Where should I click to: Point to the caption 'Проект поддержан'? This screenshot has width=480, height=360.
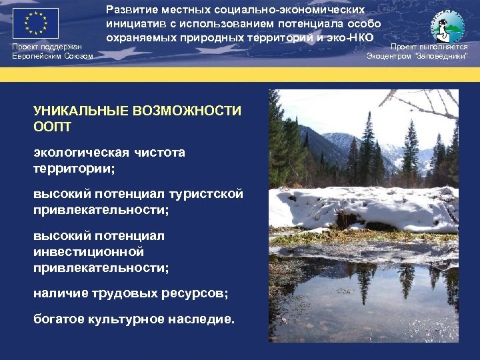point(47,47)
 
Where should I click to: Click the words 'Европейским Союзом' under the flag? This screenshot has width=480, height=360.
point(53,56)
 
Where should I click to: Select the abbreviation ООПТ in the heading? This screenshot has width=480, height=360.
point(51,125)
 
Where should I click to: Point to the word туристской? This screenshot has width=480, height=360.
point(208,194)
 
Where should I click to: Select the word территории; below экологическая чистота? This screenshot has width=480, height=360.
point(74,169)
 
